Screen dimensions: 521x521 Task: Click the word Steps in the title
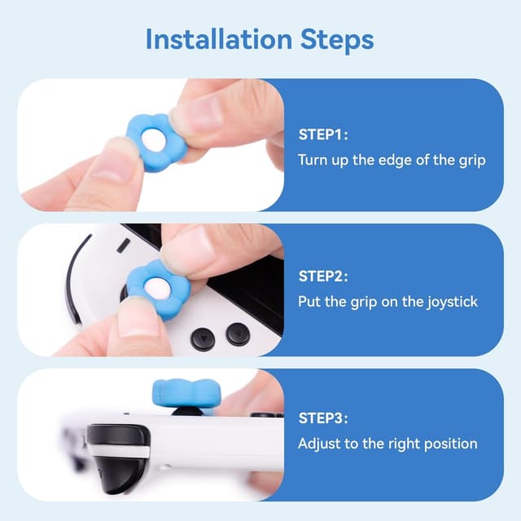pos(334,39)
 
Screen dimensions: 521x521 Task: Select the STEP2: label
pos(324,277)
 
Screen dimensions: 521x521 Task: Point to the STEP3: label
pos(324,419)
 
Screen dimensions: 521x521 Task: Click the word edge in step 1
pos(389,160)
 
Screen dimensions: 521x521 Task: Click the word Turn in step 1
pos(313,160)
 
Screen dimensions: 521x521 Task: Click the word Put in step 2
pos(309,302)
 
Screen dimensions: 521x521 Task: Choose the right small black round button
pos(237,334)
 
